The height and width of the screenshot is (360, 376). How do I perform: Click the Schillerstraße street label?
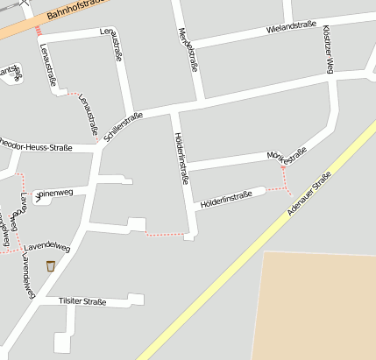(123, 127)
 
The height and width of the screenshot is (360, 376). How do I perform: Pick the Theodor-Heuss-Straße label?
(35, 145)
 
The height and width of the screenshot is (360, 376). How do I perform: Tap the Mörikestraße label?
(287, 157)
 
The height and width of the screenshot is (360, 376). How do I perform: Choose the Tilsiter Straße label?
(82, 301)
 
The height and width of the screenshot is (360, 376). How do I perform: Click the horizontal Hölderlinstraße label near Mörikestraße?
(226, 199)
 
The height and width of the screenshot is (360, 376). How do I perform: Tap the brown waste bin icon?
(51, 265)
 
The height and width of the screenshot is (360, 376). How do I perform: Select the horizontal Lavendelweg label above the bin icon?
(47, 248)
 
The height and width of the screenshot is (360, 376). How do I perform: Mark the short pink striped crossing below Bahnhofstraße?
(39, 31)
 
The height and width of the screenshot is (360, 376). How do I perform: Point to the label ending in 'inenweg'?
(55, 194)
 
